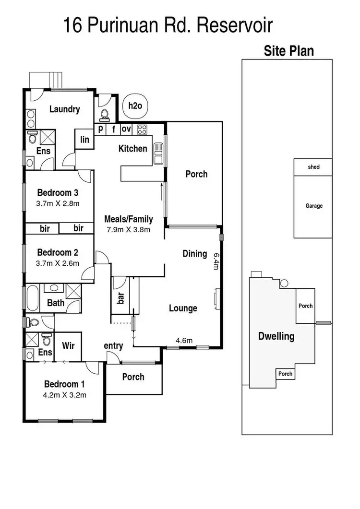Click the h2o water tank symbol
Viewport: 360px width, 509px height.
pyautogui.click(x=135, y=106)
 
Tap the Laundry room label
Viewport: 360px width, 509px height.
pyautogui.click(x=64, y=109)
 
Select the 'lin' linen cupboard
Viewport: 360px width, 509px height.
pyautogui.click(x=84, y=140)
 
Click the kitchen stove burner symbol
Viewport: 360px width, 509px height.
pyautogui.click(x=142, y=129)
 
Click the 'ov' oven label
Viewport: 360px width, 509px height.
pyautogui.click(x=126, y=129)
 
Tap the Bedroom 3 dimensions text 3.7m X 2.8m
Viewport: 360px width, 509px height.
pyautogui.click(x=58, y=203)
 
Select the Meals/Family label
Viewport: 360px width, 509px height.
pyautogui.click(x=129, y=219)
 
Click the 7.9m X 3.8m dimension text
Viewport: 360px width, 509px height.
pyautogui.click(x=129, y=229)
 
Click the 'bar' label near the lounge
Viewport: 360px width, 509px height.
pyautogui.click(x=121, y=298)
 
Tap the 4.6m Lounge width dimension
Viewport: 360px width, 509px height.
pyautogui.click(x=184, y=341)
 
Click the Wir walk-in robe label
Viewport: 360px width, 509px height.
pyautogui.click(x=68, y=345)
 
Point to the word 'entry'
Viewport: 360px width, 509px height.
pyautogui.click(x=113, y=345)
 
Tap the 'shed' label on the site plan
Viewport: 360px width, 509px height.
pyautogui.click(x=313, y=167)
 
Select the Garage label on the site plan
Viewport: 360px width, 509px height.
pyautogui.click(x=314, y=206)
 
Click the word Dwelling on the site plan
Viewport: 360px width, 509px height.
pyautogui.click(x=276, y=336)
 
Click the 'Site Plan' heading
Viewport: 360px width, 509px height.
pyautogui.click(x=288, y=51)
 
